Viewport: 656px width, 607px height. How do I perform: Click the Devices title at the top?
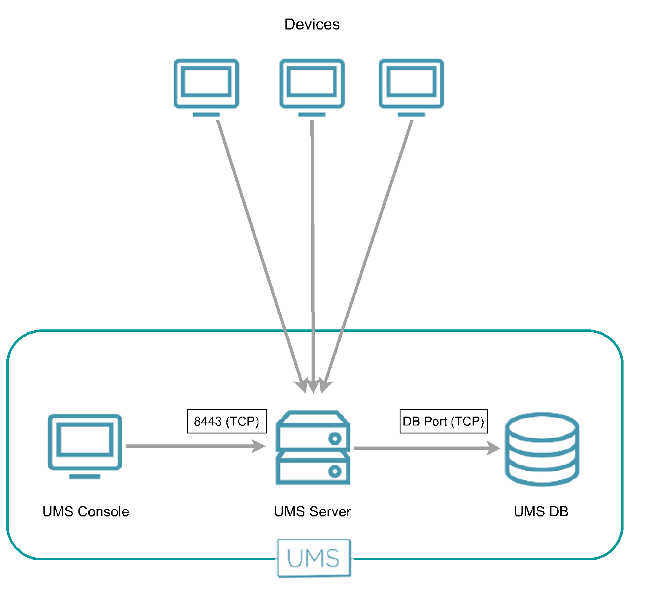(312, 24)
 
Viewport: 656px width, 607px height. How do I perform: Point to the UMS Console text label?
(86, 511)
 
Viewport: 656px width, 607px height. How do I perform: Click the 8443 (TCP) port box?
(227, 421)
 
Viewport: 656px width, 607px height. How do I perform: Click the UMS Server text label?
(312, 511)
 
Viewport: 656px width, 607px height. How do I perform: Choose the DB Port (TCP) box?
(444, 421)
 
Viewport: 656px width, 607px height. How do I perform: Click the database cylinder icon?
(542, 449)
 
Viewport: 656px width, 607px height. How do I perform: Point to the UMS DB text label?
(541, 511)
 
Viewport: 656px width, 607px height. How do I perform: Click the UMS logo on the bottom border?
(314, 558)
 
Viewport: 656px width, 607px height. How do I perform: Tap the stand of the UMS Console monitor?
(85, 477)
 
